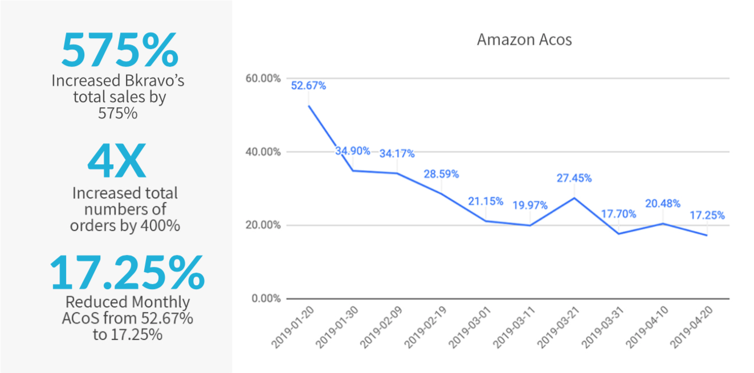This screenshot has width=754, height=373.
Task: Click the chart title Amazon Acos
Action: (524, 40)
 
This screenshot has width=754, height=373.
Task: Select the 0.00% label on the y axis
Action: (267, 298)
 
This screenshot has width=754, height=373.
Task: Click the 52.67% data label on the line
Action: (308, 86)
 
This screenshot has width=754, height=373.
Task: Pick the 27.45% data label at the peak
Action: (574, 178)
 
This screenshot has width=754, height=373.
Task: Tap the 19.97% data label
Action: (530, 205)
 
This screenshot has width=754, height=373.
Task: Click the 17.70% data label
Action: (618, 214)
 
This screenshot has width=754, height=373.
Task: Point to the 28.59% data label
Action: (441, 174)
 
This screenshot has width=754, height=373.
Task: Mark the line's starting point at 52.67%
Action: (308, 106)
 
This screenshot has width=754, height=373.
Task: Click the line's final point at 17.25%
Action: (707, 235)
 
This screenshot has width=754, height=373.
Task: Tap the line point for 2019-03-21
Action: (574, 198)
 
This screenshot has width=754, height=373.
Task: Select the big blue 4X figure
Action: (116, 163)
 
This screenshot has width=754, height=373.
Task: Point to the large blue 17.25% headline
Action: (127, 273)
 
